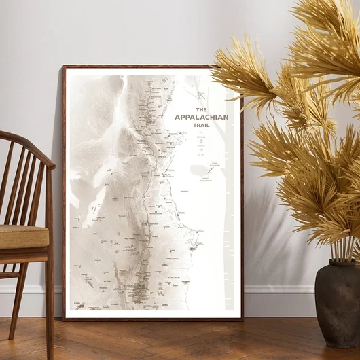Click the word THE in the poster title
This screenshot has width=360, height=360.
click(x=201, y=109)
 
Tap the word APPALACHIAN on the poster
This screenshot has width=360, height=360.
click(x=201, y=117)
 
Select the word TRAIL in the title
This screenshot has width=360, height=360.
click(x=201, y=124)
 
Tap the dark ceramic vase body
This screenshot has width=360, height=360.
click(x=338, y=306)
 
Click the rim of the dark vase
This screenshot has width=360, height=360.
click(x=338, y=263)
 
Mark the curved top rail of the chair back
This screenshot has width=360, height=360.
click(x=27, y=146)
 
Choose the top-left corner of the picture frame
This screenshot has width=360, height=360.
click(x=65, y=67)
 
